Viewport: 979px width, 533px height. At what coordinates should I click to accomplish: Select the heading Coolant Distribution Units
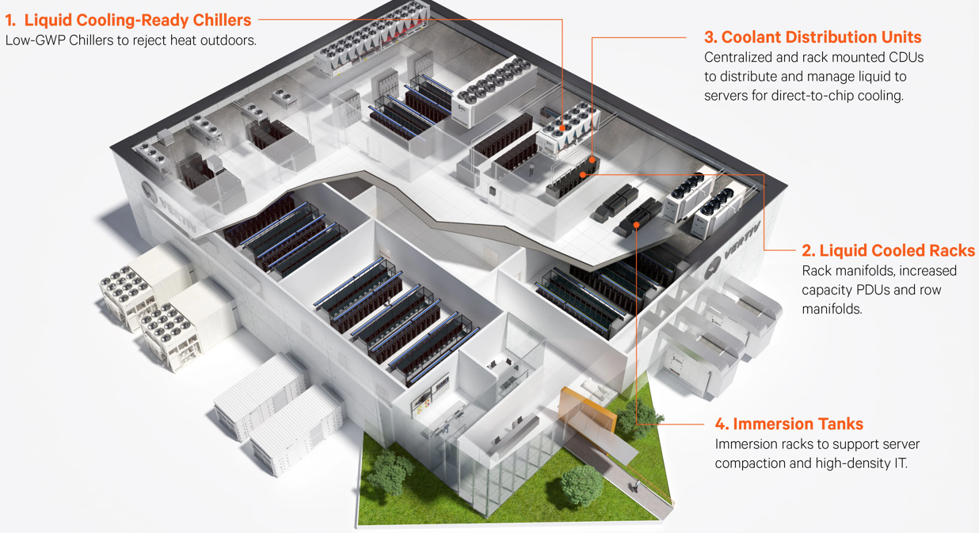point(813,37)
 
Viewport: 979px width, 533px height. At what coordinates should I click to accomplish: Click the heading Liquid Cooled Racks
point(887,250)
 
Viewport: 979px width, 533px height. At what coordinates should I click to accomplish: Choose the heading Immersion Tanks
point(797,424)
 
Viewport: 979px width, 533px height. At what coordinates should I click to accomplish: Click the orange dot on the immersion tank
point(637,226)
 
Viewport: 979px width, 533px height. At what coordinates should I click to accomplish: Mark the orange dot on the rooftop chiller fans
point(562,128)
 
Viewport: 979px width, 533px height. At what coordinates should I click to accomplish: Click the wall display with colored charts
point(419,404)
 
